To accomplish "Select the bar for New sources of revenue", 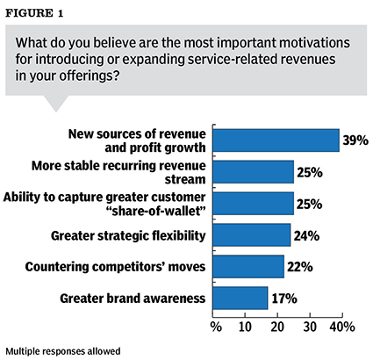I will click(276, 140).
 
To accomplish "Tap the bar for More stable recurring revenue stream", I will click(255, 172).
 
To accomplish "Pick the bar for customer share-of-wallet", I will click(255, 204).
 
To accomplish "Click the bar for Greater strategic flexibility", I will click(253, 234).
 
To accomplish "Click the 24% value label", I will click(306, 234).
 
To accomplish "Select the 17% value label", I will click(283, 299).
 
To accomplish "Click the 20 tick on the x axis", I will click(278, 328).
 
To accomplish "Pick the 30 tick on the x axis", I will click(309, 328).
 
